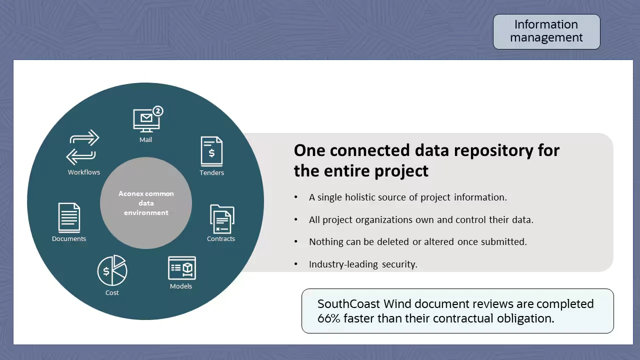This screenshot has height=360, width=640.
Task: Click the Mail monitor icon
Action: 145,120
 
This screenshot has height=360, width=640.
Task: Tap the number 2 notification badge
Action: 158,110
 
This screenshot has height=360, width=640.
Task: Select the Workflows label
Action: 84,172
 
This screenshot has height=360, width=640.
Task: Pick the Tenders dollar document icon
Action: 211,151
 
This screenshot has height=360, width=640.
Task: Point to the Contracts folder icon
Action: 221,219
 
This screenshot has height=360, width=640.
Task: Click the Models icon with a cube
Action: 181,268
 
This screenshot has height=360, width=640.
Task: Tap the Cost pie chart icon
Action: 112,270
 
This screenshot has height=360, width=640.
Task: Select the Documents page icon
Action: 69,217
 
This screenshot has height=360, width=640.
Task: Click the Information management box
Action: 546,31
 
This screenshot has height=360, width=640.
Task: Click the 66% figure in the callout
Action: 328,318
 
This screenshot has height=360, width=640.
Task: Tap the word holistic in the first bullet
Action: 368,197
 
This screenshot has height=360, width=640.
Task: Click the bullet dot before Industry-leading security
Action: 296,264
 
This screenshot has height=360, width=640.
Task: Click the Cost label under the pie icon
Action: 112,292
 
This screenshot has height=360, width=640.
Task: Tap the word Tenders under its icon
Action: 211,172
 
